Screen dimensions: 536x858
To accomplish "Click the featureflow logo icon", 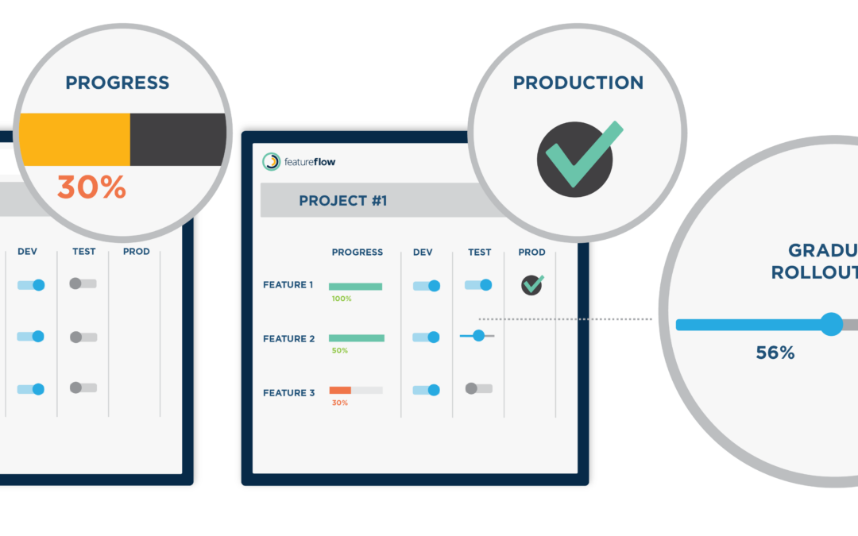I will (x=272, y=161).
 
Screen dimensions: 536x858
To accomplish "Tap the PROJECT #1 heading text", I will (x=342, y=201).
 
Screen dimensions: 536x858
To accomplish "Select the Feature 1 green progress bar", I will (x=355, y=286).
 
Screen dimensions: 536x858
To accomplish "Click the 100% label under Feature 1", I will (x=342, y=299).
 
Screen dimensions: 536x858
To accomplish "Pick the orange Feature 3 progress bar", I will (x=340, y=390).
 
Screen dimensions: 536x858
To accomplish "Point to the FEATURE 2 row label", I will (x=289, y=339).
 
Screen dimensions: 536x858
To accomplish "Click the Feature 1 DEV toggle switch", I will (x=427, y=286).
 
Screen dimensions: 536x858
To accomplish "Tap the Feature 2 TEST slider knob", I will (x=478, y=336).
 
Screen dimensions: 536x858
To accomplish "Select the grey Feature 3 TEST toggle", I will (x=478, y=388).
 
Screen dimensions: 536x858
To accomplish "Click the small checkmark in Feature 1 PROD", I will (x=531, y=285).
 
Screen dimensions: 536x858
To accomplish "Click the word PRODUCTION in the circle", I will (x=578, y=83).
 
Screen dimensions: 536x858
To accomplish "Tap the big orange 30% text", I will (x=91, y=187).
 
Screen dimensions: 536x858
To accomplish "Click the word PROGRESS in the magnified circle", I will (x=117, y=83).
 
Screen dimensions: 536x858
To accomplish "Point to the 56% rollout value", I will (x=775, y=353).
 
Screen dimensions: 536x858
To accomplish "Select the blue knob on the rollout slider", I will (x=831, y=324).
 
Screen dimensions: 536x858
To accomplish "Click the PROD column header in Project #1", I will (x=531, y=252).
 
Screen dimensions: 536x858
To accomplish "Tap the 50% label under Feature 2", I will (x=340, y=350).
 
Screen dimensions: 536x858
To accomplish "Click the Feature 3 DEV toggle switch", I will (x=427, y=390).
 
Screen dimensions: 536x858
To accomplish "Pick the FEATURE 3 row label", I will (x=289, y=393).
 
